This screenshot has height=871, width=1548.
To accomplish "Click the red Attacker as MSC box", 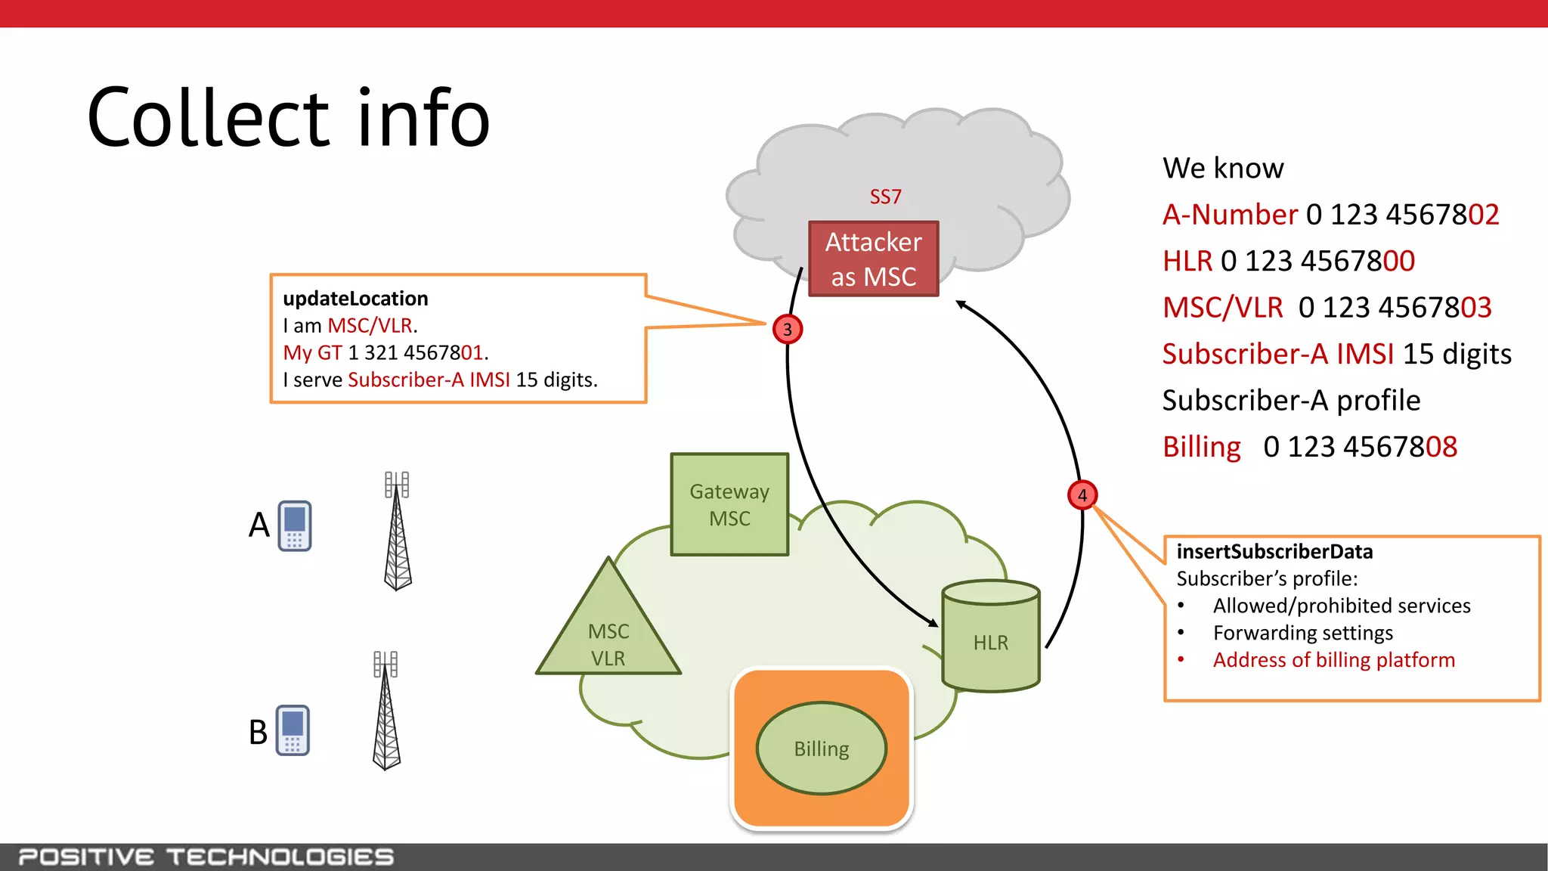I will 873,259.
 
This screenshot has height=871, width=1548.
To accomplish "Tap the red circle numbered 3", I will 787,329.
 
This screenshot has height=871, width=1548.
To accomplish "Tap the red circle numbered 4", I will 1082,495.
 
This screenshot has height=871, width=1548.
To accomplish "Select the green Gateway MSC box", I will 729,504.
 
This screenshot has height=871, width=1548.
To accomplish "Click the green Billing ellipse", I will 821,749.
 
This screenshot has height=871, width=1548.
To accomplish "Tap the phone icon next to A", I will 295,525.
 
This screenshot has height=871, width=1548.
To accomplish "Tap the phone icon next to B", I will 293,730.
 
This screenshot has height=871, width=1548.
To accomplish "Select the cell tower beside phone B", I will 386,711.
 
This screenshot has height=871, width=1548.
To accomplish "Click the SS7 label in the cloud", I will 885,197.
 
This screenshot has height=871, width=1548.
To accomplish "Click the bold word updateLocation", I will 355,299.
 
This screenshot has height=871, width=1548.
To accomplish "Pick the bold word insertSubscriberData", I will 1274,552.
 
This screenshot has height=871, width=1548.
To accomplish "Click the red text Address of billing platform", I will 1333,660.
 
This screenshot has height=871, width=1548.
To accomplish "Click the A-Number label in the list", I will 1230,215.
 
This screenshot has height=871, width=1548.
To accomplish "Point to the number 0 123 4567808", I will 1360,447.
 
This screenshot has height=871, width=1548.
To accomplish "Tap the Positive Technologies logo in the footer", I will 206,857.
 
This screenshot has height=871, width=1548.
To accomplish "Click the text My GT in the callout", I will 312,353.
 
